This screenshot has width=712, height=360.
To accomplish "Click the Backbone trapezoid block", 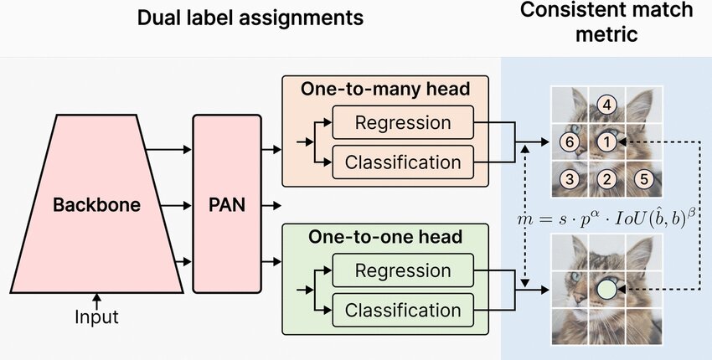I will click(x=96, y=204).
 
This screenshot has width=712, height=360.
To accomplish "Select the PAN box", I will click(x=226, y=204).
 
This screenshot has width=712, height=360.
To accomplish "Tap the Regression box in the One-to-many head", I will click(x=403, y=123).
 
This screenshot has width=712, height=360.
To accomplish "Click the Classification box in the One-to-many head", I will click(x=403, y=161).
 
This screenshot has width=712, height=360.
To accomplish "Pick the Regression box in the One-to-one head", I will click(x=403, y=271).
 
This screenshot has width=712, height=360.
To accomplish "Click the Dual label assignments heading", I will click(x=250, y=17).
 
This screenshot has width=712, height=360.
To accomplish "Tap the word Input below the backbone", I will click(x=96, y=317).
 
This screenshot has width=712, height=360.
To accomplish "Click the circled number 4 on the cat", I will click(x=609, y=105).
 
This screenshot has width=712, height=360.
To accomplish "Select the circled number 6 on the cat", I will click(x=570, y=142).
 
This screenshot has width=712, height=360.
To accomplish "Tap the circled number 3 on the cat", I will click(x=570, y=178).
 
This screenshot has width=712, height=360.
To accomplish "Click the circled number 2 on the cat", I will click(x=609, y=178).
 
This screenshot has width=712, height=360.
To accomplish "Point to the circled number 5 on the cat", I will click(x=643, y=178).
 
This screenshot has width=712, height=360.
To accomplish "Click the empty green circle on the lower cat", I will click(x=609, y=291).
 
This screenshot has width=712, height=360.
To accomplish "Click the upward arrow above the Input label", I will click(x=96, y=299).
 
